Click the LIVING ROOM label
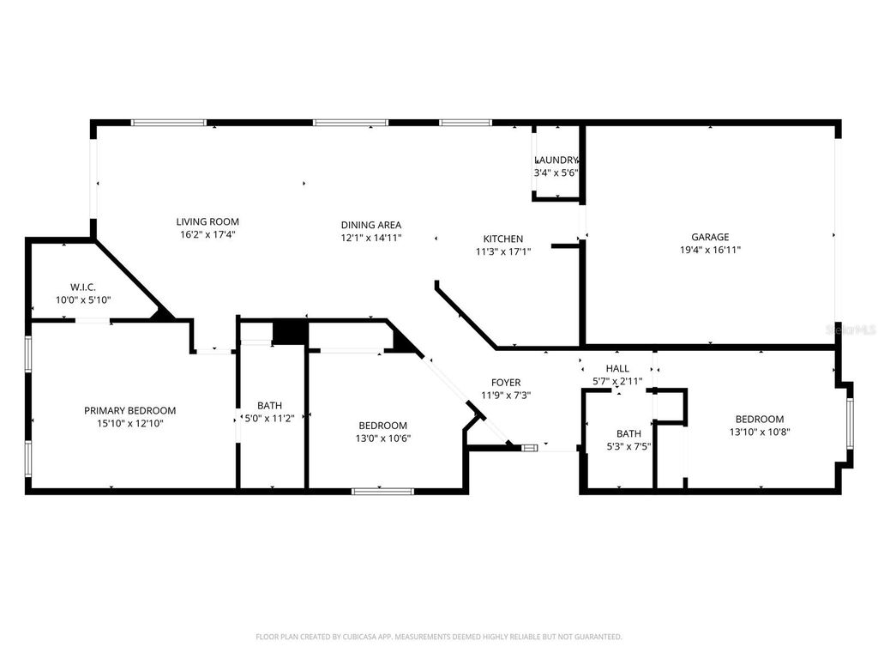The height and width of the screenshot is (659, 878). tap(207, 221)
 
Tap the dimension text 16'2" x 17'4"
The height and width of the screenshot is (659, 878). tap(207, 234)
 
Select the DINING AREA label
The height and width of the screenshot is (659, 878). tap(370, 225)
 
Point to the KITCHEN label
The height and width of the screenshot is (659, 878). tap(502, 239)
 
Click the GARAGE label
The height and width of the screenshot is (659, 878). tap(710, 237)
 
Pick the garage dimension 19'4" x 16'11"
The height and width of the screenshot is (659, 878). tap(710, 251)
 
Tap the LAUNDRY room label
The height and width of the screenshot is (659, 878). tap(557, 160)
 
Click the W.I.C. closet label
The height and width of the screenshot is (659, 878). tap(83, 287)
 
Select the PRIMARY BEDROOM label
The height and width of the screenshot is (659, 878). tap(129, 410)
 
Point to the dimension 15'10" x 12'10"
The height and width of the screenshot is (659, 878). tap(129, 423)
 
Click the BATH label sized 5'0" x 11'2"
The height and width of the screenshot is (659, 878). tap(269, 406)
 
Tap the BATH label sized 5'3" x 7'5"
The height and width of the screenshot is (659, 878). tap(628, 433)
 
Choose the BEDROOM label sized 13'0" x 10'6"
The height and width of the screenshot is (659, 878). tap(382, 426)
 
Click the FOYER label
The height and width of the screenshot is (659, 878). tap(505, 383)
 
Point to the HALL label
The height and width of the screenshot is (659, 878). tap(617, 368)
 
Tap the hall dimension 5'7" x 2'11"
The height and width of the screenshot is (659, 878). tap(617, 381)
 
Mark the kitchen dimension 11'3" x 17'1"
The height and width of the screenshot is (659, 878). tap(502, 251)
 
